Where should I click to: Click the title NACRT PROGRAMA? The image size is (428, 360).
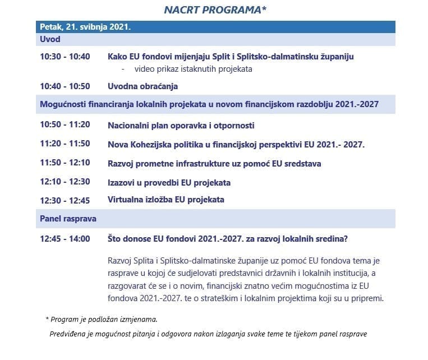(215, 10)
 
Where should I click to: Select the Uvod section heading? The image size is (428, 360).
(50, 40)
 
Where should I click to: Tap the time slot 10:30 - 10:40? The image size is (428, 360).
(65, 57)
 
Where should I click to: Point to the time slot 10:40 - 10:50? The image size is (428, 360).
(65, 86)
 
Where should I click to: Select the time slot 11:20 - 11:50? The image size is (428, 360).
(65, 144)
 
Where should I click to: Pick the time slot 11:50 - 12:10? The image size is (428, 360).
(65, 163)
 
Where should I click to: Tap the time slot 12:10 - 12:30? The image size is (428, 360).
(65, 183)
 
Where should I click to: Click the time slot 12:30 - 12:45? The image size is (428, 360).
(65, 200)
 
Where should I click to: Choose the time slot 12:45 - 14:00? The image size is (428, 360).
(65, 239)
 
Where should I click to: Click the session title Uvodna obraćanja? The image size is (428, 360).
(142, 86)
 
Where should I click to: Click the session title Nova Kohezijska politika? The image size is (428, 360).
(236, 144)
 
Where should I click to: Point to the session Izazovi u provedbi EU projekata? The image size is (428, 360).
(169, 183)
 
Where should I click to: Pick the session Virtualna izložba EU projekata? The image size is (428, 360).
(165, 200)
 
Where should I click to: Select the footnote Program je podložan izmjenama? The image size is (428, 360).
(104, 319)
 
